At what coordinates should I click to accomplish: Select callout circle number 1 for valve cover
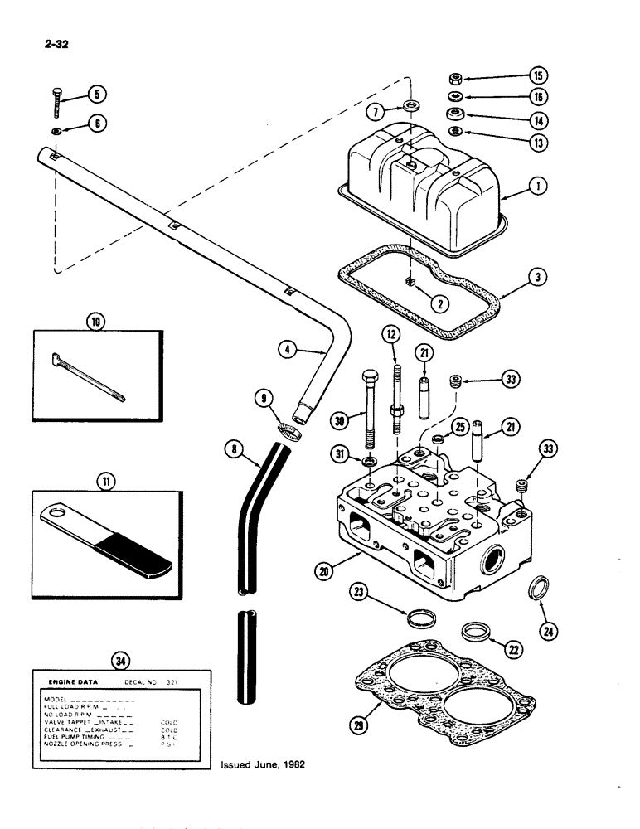tap(540, 187)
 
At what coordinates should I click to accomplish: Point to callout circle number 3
tap(540, 278)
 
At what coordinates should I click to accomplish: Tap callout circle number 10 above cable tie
tap(96, 320)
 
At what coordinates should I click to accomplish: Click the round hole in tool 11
tap(56, 516)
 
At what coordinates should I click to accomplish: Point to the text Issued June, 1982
tap(263, 765)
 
